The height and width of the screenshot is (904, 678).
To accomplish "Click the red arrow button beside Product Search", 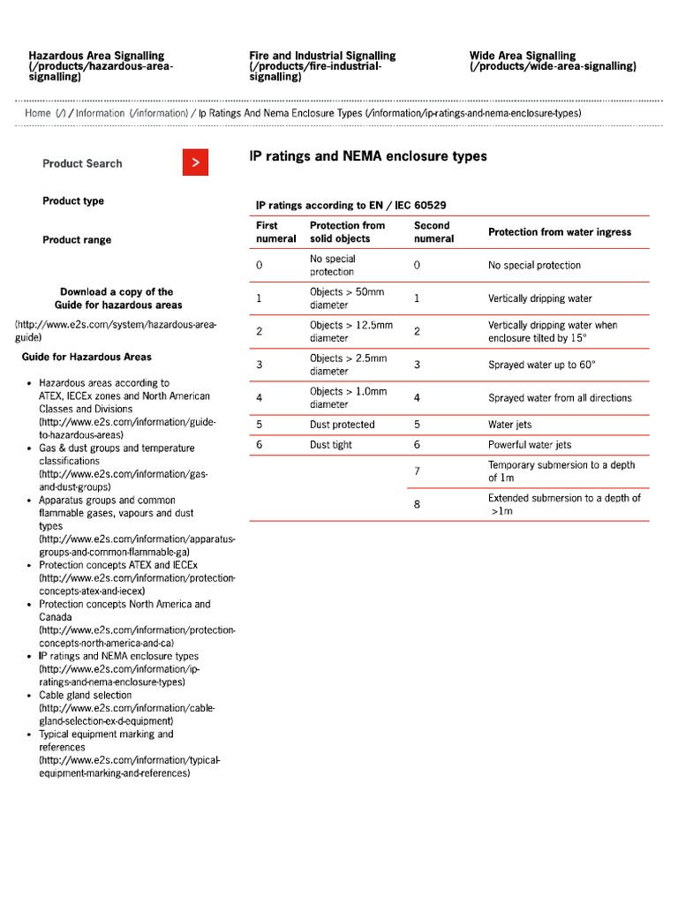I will [x=196, y=162].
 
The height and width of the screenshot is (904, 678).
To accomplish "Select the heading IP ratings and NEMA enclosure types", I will [x=368, y=156].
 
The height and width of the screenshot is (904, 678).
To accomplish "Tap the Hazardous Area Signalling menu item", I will [x=96, y=56].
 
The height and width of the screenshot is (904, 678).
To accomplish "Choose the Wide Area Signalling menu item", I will [x=522, y=56].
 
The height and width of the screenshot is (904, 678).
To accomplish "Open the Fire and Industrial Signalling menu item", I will [x=322, y=56].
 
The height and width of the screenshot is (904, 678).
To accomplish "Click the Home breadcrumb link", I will [x=38, y=113].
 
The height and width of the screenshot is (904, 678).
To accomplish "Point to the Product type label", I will [x=73, y=201].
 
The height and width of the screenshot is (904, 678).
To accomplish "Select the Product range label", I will [x=77, y=240].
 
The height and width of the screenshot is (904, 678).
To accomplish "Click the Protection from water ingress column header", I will [x=560, y=232].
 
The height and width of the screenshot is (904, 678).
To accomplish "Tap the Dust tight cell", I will [x=331, y=445].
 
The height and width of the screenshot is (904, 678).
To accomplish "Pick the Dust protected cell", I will [x=342, y=425].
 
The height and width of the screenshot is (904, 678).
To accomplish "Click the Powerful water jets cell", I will [x=530, y=445].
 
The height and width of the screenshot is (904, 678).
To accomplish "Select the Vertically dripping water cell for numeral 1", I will [x=540, y=298].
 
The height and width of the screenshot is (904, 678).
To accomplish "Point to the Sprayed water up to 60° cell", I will [x=545, y=365].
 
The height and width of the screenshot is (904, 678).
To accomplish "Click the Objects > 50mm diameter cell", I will [x=347, y=298].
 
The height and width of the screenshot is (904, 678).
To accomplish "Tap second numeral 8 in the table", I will [x=417, y=504].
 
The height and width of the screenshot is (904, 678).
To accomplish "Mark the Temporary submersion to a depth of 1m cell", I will [x=561, y=471].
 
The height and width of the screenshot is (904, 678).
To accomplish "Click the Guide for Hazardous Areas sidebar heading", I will [x=87, y=358].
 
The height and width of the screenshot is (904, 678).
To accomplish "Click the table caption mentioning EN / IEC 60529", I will [x=350, y=206].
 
